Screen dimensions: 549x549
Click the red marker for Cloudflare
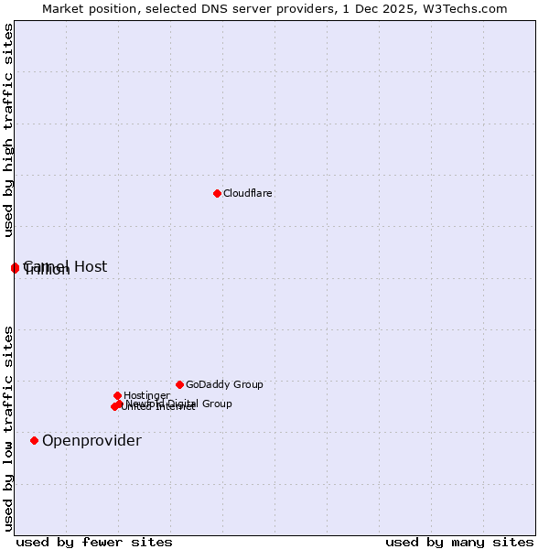[217, 193]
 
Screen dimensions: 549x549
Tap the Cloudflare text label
[248, 193]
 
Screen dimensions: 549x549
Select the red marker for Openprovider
[35, 440]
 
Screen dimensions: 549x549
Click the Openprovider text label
[91, 441]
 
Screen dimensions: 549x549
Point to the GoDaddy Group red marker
[179, 384]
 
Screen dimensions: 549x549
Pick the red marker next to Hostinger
[117, 395]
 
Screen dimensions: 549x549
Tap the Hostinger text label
[146, 396]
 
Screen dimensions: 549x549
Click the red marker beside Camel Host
[15, 267]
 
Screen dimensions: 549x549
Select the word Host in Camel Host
[91, 266]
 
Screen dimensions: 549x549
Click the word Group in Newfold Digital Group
[216, 404]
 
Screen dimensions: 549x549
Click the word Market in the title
[63, 9]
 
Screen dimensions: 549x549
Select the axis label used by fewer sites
[94, 542]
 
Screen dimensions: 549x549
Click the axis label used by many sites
[459, 542]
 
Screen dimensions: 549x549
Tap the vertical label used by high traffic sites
[9, 130]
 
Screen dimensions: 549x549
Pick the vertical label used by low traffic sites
[9, 428]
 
